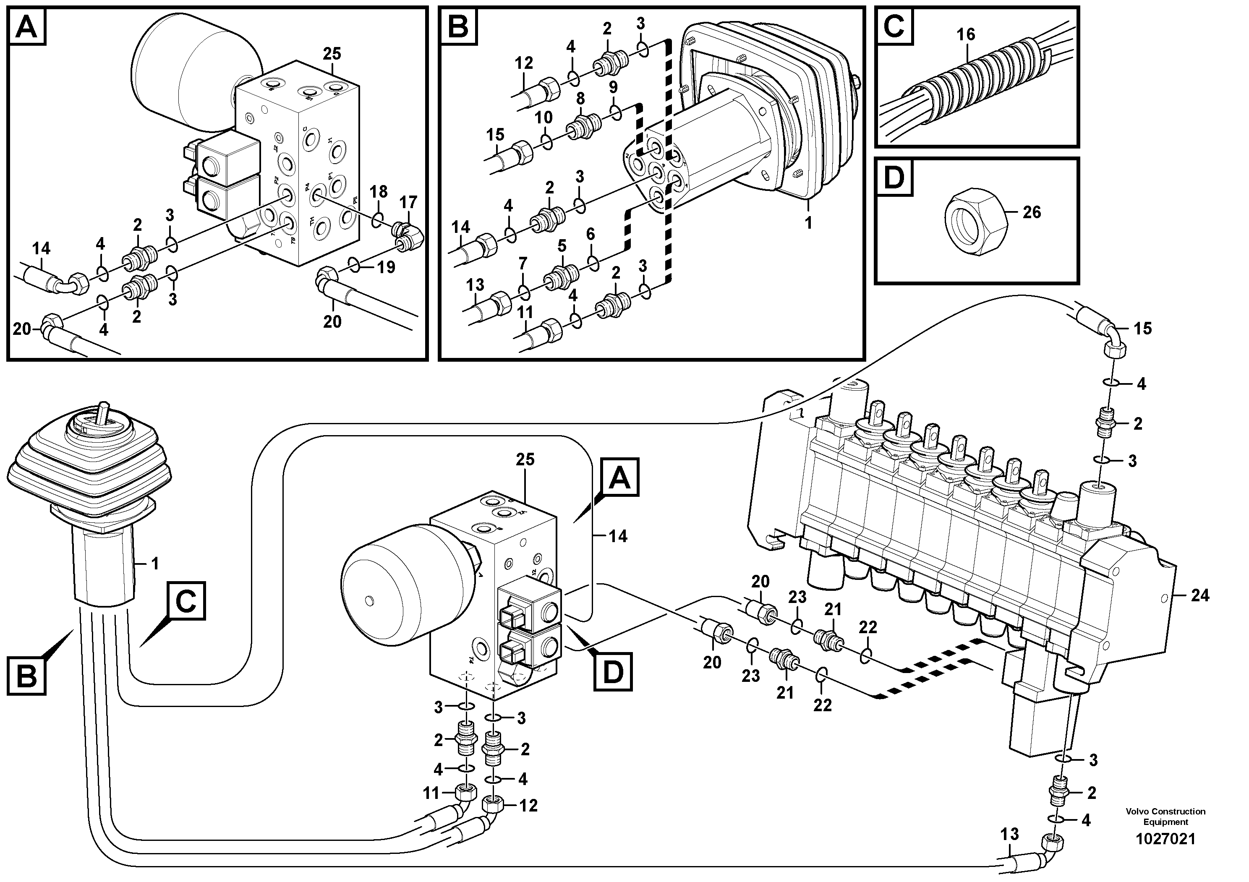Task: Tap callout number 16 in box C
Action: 966,34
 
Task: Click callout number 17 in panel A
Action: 408,202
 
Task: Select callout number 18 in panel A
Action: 379,191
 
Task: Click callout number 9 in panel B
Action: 613,87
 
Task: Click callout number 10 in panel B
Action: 543,117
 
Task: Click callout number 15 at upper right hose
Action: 1142,329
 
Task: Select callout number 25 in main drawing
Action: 525,459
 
